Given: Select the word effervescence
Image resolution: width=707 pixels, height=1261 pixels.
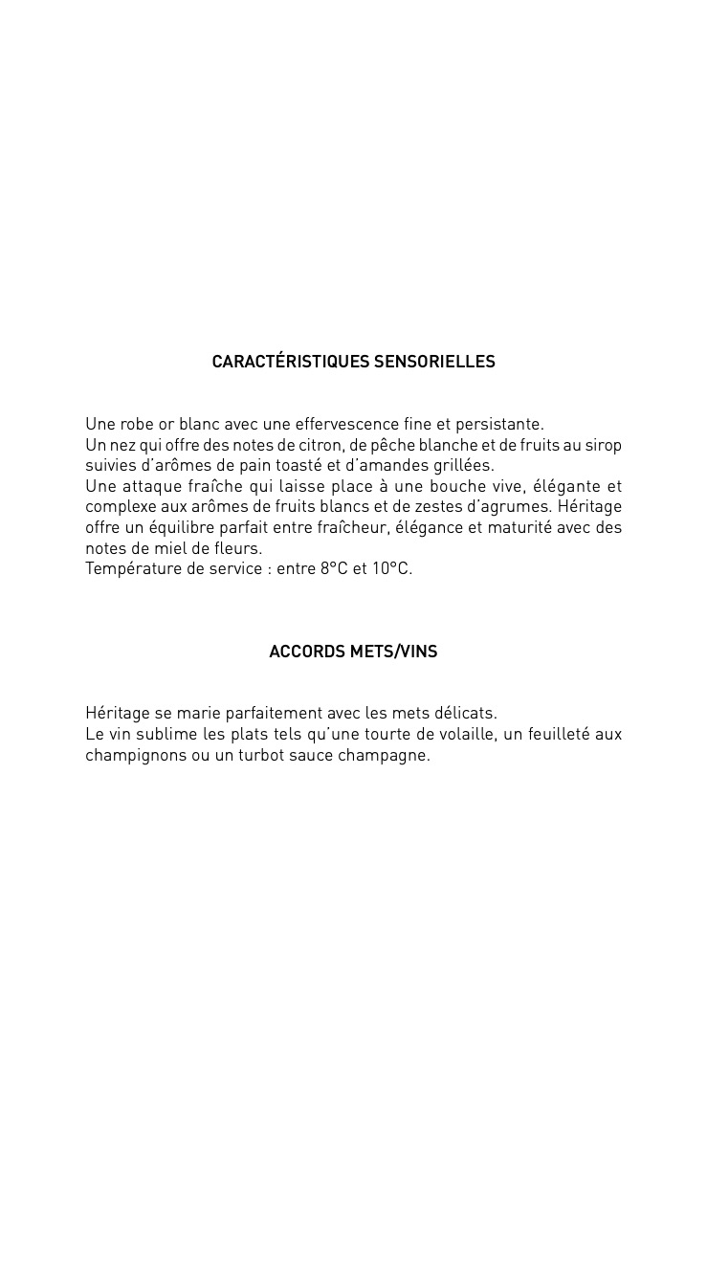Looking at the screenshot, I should tap(347, 424).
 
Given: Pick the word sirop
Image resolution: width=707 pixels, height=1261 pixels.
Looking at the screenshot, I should tap(603, 445).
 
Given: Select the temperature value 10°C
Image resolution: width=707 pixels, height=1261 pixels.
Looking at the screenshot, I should tap(392, 569).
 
